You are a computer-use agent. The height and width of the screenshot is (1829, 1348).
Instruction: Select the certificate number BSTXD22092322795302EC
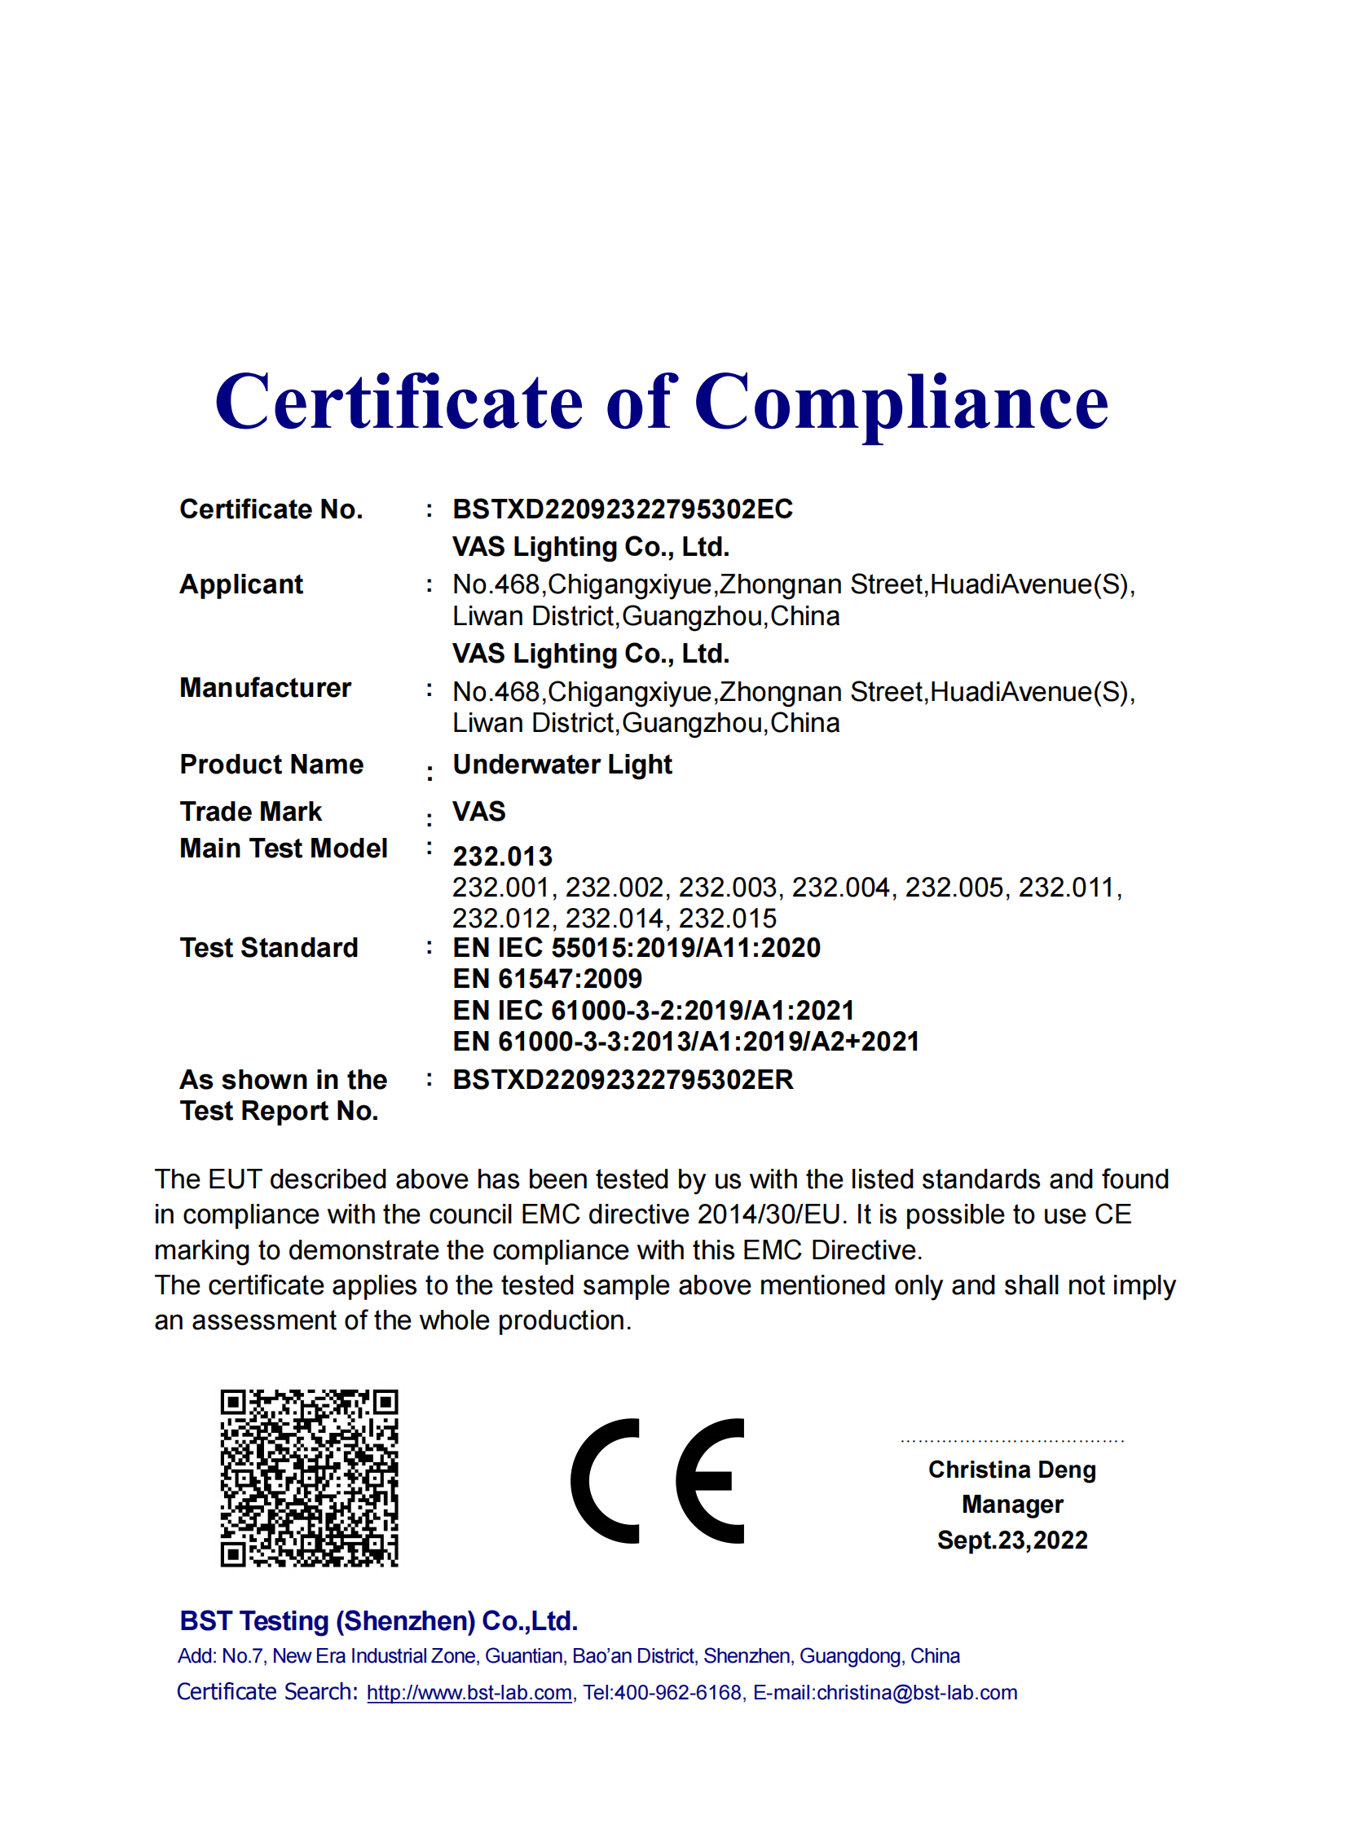pyautogui.click(x=623, y=509)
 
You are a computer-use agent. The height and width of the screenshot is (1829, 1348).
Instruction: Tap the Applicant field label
pyautogui.click(x=240, y=584)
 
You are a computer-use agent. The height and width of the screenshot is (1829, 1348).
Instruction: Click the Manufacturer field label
pyautogui.click(x=265, y=688)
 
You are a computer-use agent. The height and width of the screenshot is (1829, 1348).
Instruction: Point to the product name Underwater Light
pyautogui.click(x=562, y=765)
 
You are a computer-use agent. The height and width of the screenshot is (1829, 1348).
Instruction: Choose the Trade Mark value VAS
pyautogui.click(x=479, y=811)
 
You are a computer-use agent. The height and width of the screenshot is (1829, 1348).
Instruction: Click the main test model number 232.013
pyautogui.click(x=503, y=856)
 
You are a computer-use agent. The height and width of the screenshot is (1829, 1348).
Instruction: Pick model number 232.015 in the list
pyautogui.click(x=728, y=919)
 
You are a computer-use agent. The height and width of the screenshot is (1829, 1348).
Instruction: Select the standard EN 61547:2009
pyautogui.click(x=548, y=979)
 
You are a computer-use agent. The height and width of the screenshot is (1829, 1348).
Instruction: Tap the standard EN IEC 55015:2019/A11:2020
pyautogui.click(x=637, y=948)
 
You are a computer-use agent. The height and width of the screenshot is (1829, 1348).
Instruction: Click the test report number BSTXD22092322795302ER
pyautogui.click(x=623, y=1080)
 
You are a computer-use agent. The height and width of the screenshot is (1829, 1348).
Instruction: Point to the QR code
pyautogui.click(x=309, y=1478)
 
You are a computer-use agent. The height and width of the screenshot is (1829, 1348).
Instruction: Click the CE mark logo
pyautogui.click(x=658, y=1480)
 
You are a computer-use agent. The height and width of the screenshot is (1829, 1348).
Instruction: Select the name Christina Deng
pyautogui.click(x=1012, y=1469)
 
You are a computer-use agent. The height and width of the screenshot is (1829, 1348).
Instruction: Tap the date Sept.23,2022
pyautogui.click(x=1012, y=1540)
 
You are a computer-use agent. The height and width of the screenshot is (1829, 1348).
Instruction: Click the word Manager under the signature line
pyautogui.click(x=1012, y=1504)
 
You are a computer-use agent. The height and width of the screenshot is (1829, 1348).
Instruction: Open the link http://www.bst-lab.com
pyautogui.click(x=469, y=1693)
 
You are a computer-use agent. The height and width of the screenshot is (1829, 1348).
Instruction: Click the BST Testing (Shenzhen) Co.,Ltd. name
pyautogui.click(x=379, y=1621)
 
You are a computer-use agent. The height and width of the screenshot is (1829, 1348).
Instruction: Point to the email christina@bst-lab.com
pyautogui.click(x=916, y=1693)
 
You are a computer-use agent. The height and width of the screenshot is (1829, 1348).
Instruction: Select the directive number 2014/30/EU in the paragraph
pyautogui.click(x=769, y=1214)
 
